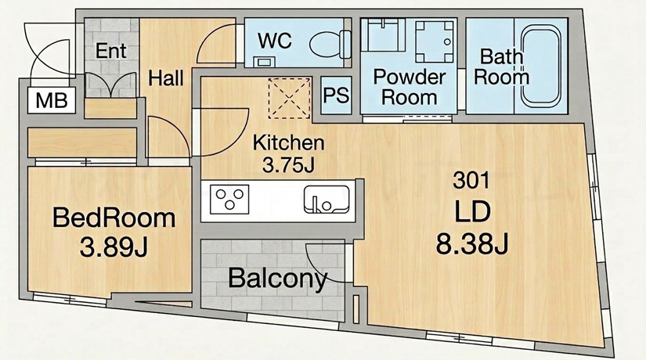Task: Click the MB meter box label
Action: click(52, 100)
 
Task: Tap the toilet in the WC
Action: click(330, 45)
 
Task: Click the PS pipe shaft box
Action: click(336, 95)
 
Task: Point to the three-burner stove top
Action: click(229, 200)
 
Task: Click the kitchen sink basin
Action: click(327, 200)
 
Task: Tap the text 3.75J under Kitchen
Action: click(288, 165)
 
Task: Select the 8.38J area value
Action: click(471, 244)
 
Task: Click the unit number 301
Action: click(471, 180)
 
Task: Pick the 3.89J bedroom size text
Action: click(114, 247)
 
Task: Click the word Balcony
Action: click(278, 279)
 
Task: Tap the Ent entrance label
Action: click(111, 51)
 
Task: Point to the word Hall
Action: click(166, 77)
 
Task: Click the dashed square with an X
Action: click(289, 98)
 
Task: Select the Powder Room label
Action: click(409, 88)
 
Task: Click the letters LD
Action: click(472, 212)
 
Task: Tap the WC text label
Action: click(274, 41)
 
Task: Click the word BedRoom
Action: click(114, 218)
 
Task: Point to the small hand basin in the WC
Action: click(263, 62)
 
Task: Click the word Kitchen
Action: click(288, 142)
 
